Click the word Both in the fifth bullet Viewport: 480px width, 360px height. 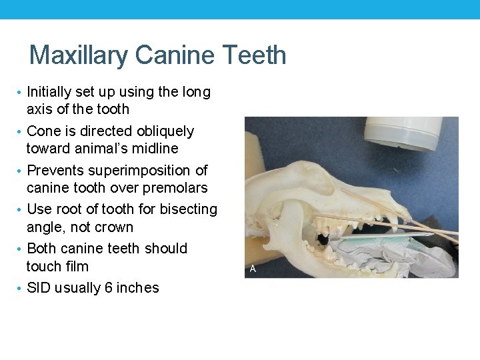41,249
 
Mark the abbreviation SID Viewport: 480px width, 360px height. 39,288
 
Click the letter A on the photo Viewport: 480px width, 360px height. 253,269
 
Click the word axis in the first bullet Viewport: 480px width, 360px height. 41,109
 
